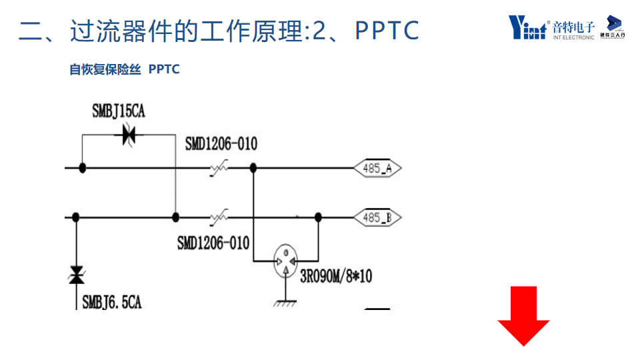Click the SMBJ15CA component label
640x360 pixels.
pos(119,111)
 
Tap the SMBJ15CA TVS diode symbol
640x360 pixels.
pos(129,135)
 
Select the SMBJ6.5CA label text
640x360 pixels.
pos(112,302)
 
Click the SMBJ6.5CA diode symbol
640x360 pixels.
pos(77,275)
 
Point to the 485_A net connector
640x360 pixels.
pos(377,169)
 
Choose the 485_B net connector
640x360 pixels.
pos(377,217)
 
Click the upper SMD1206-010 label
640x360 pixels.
pos(221,144)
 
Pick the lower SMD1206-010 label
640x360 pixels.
pos(213,243)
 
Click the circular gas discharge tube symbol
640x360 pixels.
pos(286,261)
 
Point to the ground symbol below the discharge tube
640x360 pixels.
pos(286,303)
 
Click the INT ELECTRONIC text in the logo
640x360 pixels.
pos(573,37)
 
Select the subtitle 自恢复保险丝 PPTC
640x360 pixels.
pos(125,69)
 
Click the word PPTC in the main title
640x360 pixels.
pos(387,31)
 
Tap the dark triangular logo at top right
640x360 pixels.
pos(613,23)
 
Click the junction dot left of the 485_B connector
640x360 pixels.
pos(319,217)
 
